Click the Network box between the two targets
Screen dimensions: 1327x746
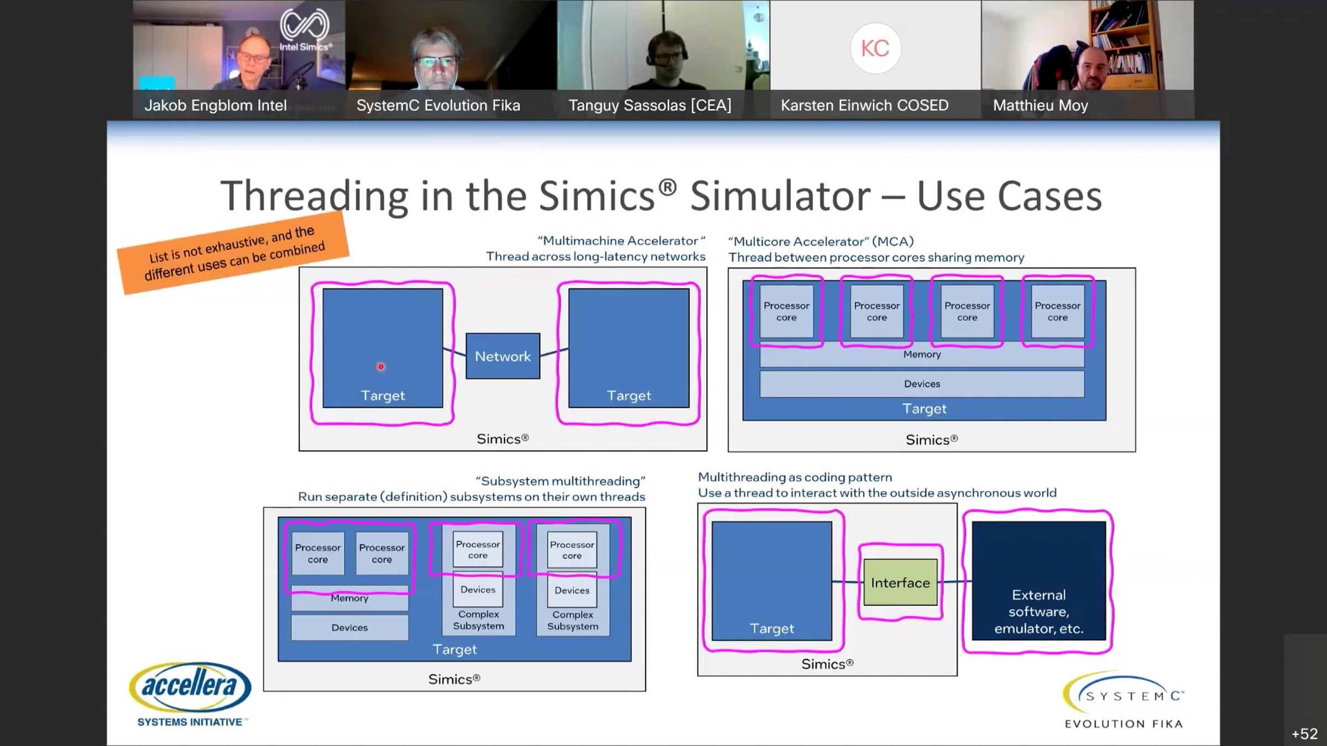tap(503, 356)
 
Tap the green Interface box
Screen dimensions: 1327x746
tap(900, 582)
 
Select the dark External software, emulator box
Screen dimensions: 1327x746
tap(1039, 581)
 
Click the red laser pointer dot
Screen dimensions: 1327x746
tap(380, 366)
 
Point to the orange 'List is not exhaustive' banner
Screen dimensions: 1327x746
tap(233, 253)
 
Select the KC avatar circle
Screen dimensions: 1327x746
tap(875, 48)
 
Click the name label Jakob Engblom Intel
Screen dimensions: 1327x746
tap(216, 105)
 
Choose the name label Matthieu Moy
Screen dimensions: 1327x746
tap(1040, 105)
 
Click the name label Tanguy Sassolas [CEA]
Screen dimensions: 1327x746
tap(650, 105)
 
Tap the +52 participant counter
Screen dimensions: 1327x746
tap(1304, 733)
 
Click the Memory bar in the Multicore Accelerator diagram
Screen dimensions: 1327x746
tap(922, 354)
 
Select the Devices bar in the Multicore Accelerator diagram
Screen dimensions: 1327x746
tap(922, 383)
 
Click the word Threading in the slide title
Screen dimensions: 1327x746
tap(315, 196)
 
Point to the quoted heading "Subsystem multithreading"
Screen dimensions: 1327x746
tap(560, 481)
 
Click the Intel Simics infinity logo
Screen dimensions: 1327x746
tap(305, 25)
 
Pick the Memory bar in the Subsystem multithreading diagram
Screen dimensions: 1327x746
tap(349, 598)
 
